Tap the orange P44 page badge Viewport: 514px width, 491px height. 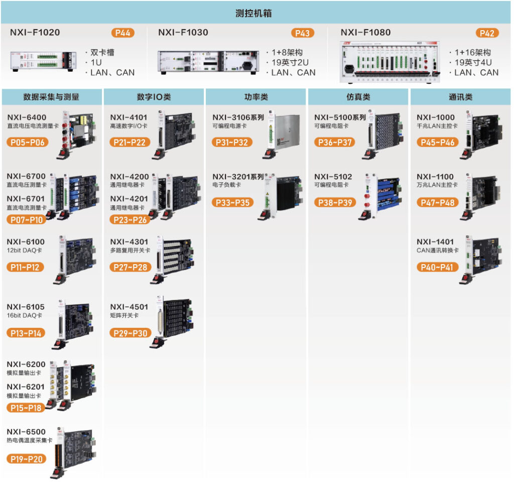point(122,33)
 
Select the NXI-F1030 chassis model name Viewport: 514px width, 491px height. point(183,33)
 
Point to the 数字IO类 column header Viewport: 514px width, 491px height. point(154,97)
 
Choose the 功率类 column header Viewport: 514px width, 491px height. point(256,97)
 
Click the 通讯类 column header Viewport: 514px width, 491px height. point(460,97)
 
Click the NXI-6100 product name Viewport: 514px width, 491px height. point(26,242)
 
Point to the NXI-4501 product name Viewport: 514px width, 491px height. point(129,307)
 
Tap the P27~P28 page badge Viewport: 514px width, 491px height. point(129,267)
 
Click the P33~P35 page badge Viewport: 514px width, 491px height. point(232,203)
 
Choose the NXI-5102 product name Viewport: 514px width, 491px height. point(333,177)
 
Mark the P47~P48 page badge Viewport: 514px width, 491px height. point(435,203)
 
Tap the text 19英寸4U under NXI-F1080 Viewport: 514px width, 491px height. point(473,62)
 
